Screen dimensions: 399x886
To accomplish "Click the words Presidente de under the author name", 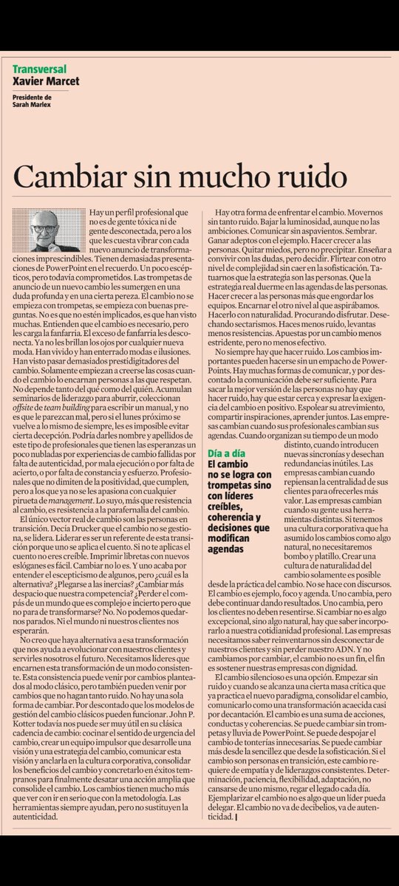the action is pos(31,96).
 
